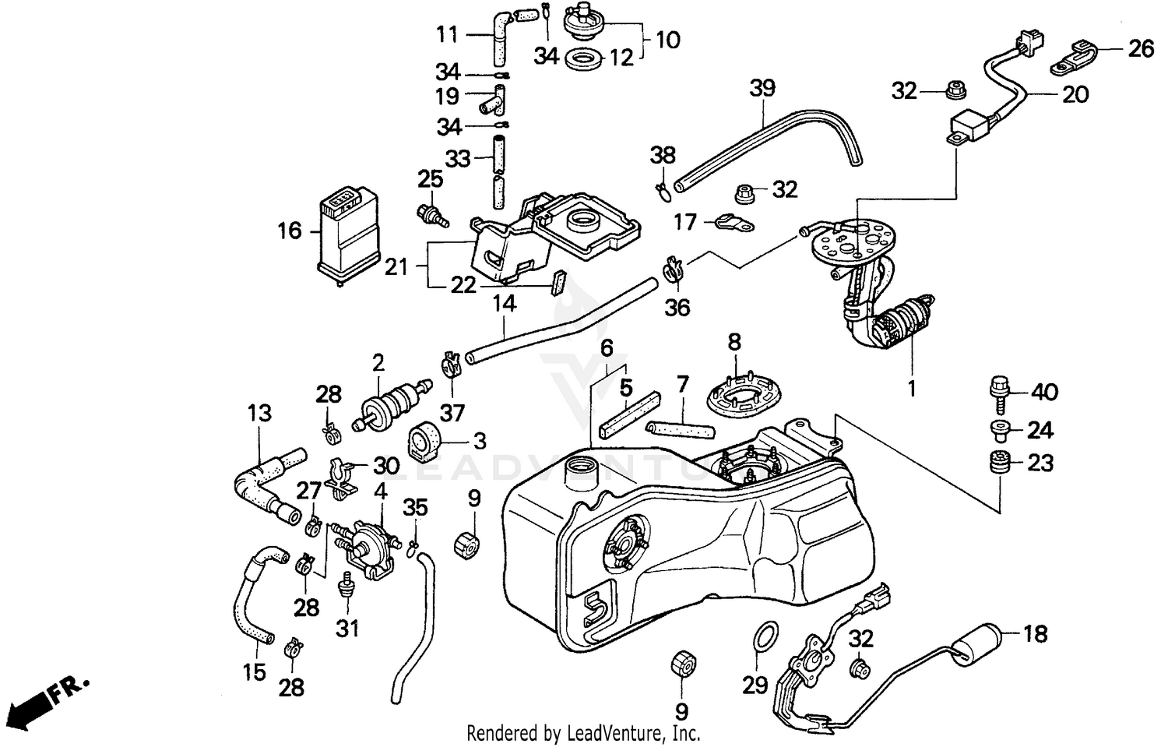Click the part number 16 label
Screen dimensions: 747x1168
pyautogui.click(x=289, y=231)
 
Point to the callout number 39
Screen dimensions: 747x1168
pyautogui.click(x=762, y=88)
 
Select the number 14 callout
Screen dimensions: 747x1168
pyautogui.click(x=505, y=303)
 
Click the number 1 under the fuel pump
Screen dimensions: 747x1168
pyautogui.click(x=911, y=387)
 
